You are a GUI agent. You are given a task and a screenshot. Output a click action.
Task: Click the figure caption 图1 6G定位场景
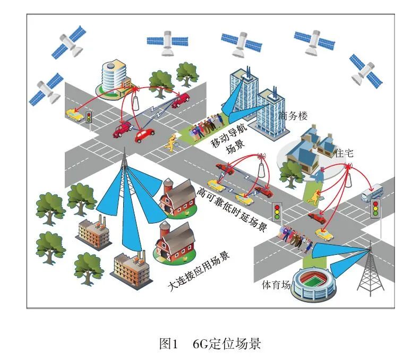point(210,344)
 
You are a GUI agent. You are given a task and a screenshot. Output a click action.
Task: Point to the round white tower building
point(113,77)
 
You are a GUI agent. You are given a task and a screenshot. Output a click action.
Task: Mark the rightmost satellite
point(366,70)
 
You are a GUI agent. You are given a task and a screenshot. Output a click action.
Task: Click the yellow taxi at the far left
point(74,113)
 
